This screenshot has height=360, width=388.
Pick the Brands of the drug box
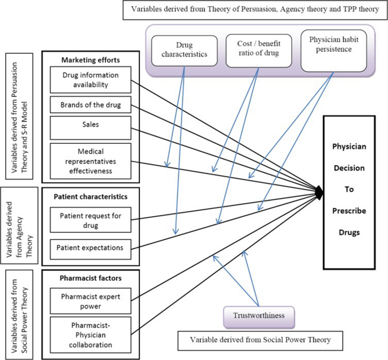(91, 105)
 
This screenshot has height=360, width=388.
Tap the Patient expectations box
(91, 247)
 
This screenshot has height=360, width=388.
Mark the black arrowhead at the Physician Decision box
(320, 193)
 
